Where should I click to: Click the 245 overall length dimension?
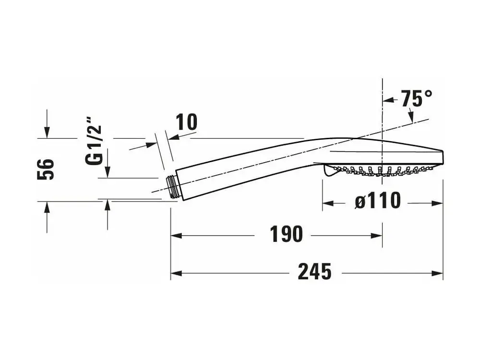314,272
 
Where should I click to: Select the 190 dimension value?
286,234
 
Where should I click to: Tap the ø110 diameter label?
378,201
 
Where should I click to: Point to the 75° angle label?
417,98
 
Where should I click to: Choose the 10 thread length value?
186,122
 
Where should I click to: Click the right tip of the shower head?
444,157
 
